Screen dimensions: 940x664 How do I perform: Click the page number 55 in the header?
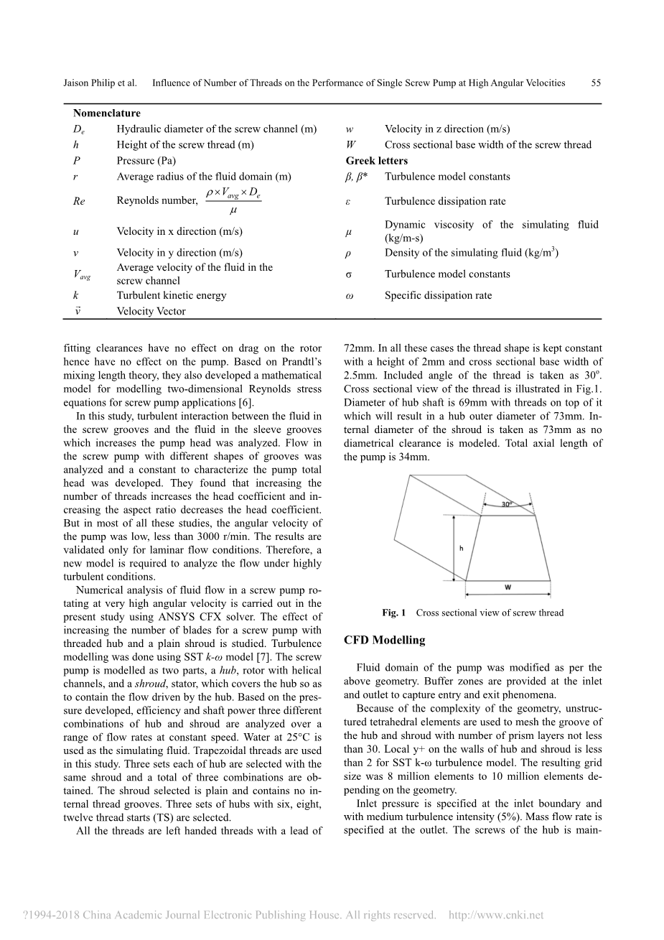596,83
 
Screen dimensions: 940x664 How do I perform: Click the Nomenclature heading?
107,113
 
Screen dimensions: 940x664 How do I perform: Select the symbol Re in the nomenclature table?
79,201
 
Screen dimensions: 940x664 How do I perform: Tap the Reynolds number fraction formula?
233,200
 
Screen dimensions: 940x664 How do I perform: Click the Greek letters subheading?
377,160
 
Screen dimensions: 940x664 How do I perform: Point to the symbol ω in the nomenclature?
349,295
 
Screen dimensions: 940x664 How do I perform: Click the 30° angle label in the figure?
507,505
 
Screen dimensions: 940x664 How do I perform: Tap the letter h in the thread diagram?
461,548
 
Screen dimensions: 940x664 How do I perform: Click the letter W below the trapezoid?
508,587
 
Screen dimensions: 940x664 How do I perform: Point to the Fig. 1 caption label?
394,613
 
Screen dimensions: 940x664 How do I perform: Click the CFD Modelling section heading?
384,640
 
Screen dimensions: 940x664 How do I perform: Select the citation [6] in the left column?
246,403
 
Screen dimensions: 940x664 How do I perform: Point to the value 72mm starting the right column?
357,349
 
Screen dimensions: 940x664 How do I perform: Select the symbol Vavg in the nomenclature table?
82,274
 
